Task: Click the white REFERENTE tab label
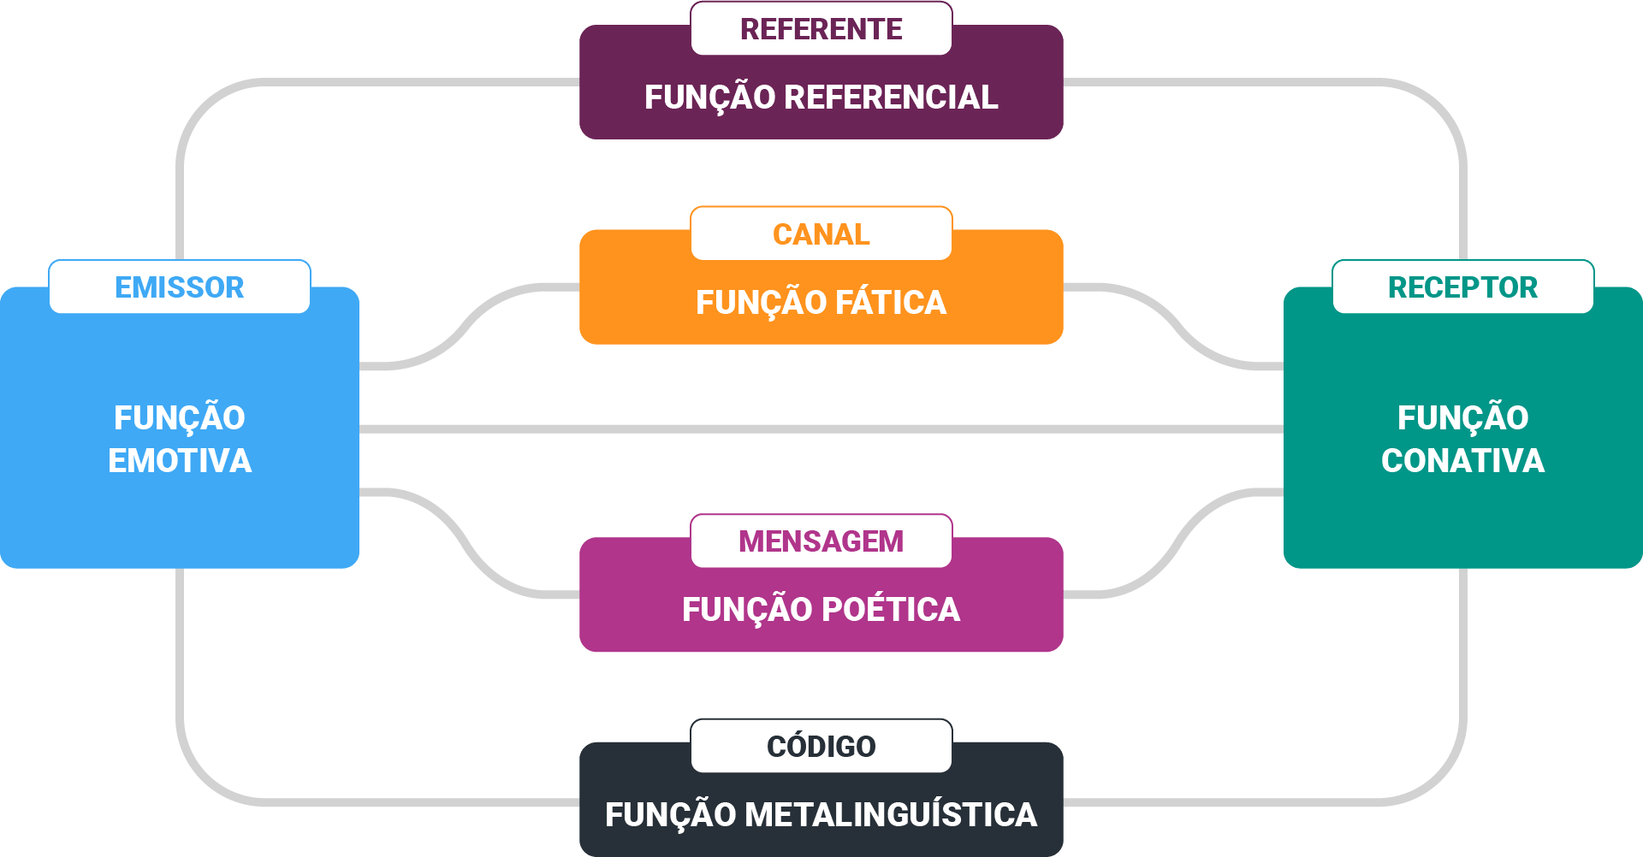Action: click(x=821, y=29)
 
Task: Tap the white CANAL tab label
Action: click(x=821, y=233)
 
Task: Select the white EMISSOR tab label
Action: click(x=180, y=287)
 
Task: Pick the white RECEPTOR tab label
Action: click(x=1462, y=287)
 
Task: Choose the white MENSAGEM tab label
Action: click(x=821, y=541)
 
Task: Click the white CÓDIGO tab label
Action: click(x=821, y=746)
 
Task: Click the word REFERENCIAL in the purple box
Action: click(x=891, y=98)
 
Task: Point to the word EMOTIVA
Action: click(x=180, y=461)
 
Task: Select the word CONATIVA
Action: click(x=1462, y=461)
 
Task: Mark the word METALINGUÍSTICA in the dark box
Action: click(x=891, y=815)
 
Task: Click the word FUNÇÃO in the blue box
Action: click(x=180, y=418)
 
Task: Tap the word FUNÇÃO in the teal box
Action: click(x=1462, y=418)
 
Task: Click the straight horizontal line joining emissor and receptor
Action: click(x=821, y=428)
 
